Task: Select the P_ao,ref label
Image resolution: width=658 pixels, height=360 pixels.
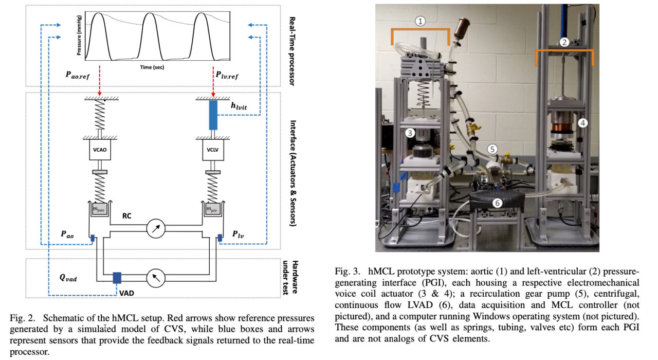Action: pyautogui.click(x=84, y=75)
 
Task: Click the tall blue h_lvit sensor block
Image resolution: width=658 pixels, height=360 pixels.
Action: pyautogui.click(x=213, y=115)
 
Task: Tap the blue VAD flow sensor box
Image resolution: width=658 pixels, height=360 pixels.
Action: pyautogui.click(x=117, y=278)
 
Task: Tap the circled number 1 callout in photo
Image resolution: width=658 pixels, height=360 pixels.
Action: pyautogui.click(x=421, y=21)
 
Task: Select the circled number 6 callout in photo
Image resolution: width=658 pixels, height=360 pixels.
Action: pyautogui.click(x=497, y=203)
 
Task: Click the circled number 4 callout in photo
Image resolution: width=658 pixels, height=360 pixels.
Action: pyautogui.click(x=582, y=123)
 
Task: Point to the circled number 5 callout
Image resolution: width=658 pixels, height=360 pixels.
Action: pyautogui.click(x=492, y=149)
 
